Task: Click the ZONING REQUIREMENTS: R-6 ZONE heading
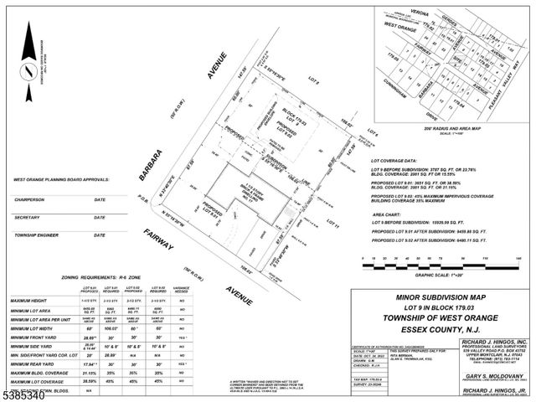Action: pyautogui.click(x=106, y=275)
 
